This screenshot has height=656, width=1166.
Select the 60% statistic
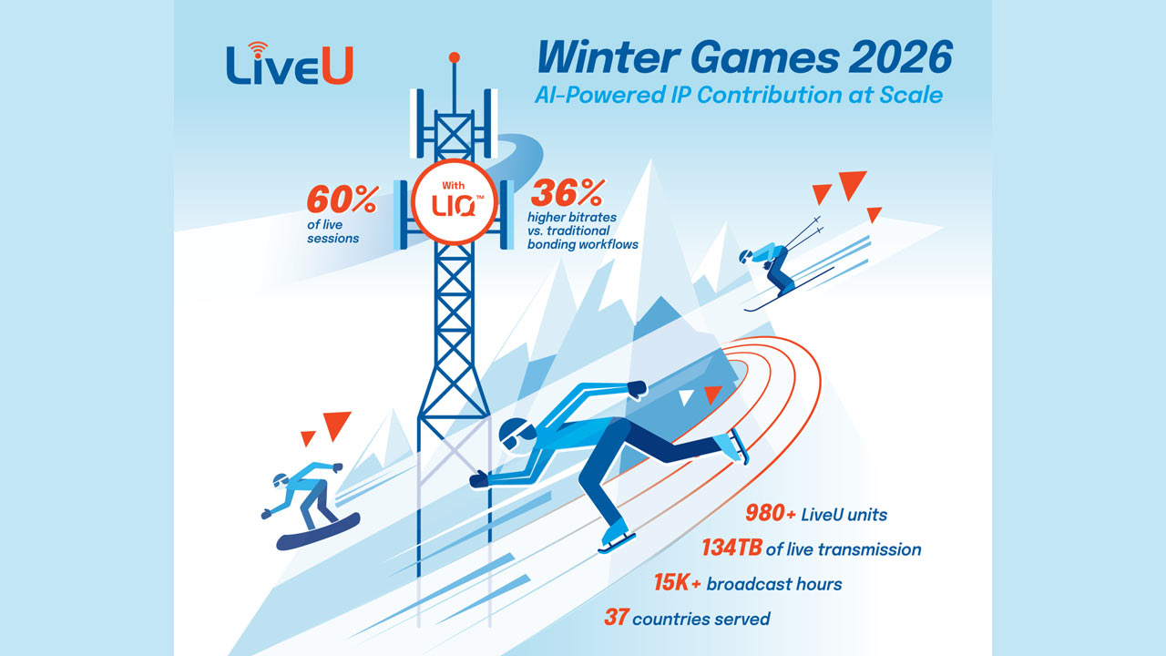click(341, 199)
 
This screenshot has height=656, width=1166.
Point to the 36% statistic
click(568, 194)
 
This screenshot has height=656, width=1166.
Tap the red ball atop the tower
click(454, 57)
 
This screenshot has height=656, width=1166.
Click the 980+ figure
click(771, 514)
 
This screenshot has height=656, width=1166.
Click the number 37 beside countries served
click(616, 618)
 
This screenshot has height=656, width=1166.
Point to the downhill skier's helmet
click(747, 255)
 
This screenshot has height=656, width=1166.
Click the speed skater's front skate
click(612, 539)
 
